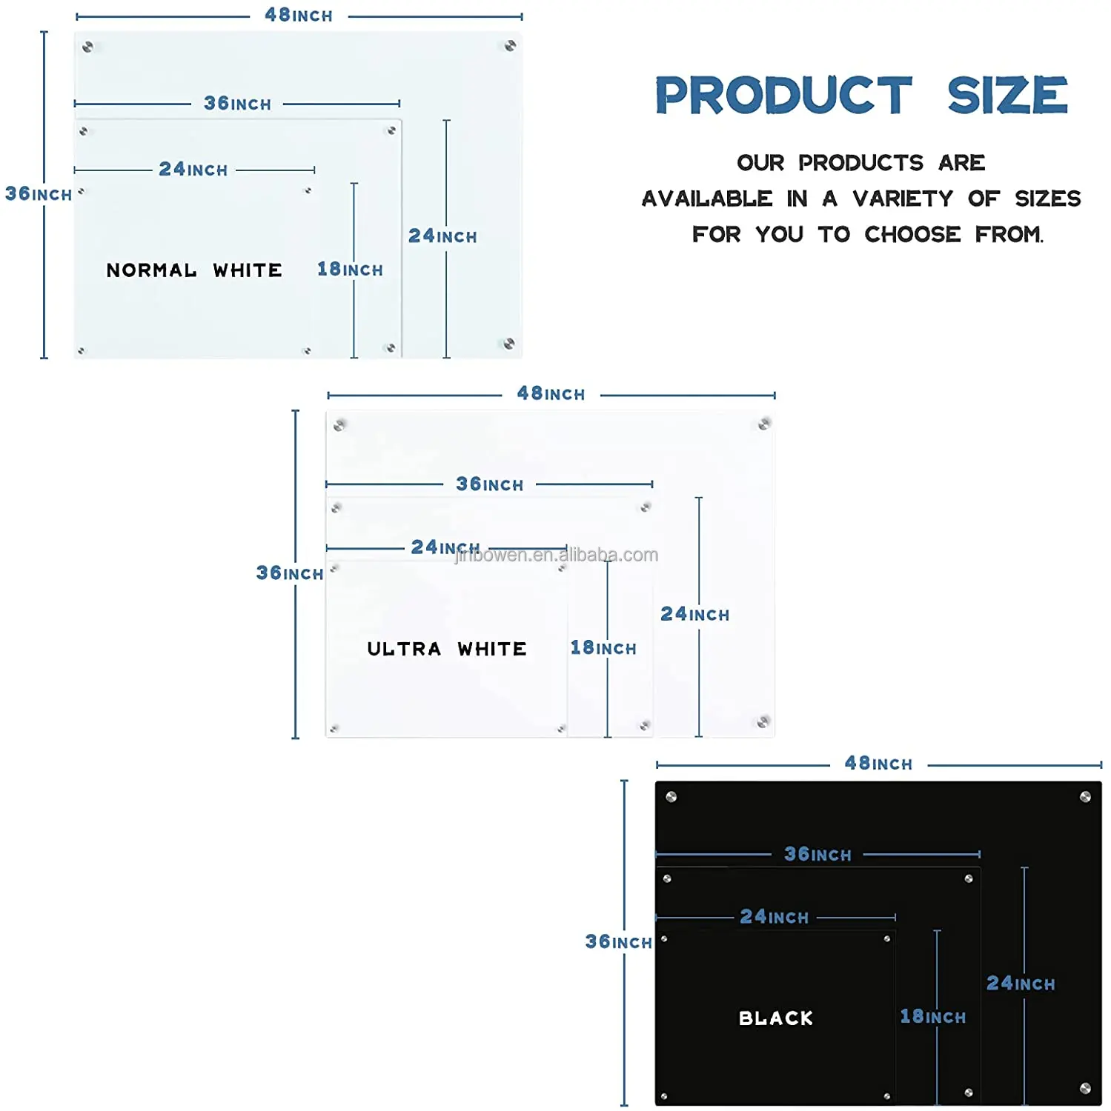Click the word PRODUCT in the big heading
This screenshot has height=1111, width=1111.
pos(783,96)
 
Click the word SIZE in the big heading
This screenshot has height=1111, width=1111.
pos(1007,96)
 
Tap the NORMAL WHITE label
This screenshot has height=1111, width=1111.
pos(194,270)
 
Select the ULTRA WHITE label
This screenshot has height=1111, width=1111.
pos(447,649)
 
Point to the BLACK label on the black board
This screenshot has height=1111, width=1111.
pos(776,1018)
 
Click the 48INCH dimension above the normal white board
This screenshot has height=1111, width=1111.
pos(299,16)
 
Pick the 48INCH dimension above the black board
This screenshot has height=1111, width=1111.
pos(878,764)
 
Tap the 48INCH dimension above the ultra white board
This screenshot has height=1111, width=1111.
pos(551,394)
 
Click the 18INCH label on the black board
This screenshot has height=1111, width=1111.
pos(932,1017)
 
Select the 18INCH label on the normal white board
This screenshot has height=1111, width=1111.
pos(350,270)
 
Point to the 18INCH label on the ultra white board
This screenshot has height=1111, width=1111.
pos(603,648)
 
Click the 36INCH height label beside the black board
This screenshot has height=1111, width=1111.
pos(618,942)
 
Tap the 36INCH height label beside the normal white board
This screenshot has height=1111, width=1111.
pos(39,194)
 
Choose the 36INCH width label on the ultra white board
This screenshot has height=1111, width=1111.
pos(489,484)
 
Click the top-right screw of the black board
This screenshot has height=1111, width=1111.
pos(1085,797)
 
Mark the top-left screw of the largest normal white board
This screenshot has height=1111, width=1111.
pos(87,47)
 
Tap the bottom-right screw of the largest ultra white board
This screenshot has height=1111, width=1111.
pos(763,721)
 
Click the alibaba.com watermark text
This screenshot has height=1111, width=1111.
pos(556,555)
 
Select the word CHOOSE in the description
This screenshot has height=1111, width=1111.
pos(912,235)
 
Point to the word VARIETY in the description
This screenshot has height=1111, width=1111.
pos(903,198)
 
